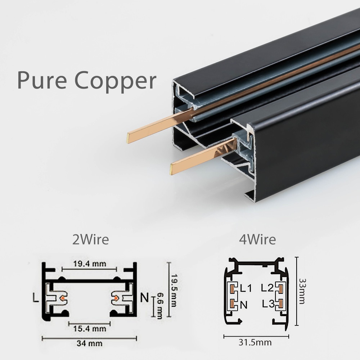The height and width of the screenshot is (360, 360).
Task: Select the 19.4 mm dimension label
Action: coord(89,264)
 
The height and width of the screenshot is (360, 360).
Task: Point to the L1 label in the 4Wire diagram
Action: coord(246,288)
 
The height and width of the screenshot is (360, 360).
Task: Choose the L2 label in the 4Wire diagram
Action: coord(267,288)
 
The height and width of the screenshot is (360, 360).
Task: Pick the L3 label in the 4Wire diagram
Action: coord(268,305)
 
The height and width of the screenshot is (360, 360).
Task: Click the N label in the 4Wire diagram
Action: coord(244,305)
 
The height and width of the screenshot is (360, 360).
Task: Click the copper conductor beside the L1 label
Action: coord(233,288)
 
